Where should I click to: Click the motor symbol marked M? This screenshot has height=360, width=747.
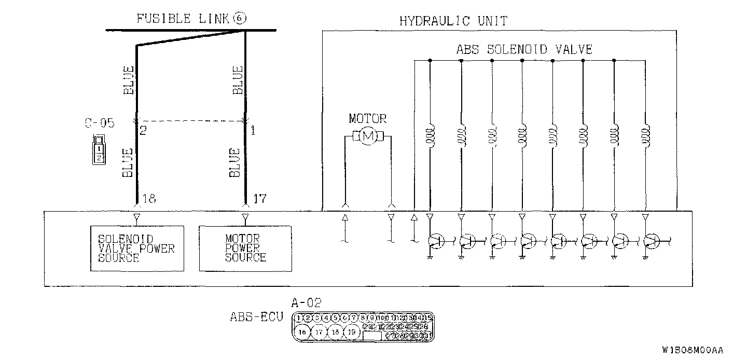[368, 136]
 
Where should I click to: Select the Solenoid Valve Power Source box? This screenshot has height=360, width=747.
[136, 248]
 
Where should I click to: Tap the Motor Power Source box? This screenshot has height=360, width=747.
[245, 248]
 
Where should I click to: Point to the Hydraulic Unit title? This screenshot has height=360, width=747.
[453, 21]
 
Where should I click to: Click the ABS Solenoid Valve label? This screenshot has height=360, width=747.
[524, 49]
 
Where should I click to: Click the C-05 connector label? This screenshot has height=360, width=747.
[99, 123]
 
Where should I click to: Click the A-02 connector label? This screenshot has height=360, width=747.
[307, 302]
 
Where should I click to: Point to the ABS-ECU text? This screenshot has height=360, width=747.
[256, 317]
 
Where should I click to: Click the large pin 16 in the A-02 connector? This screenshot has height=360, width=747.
[302, 331]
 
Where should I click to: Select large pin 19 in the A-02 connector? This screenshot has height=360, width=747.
[352, 331]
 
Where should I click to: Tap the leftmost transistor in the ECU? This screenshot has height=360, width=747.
[436, 240]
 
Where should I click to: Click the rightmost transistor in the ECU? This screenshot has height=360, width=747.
[651, 240]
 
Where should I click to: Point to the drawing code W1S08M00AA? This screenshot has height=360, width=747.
[692, 350]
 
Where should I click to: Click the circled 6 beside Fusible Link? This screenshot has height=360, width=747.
[240, 19]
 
